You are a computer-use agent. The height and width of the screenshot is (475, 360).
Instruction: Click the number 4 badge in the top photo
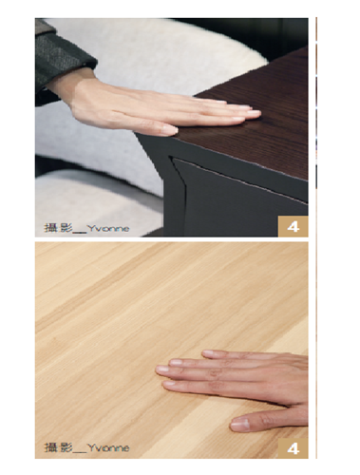coord(294,226)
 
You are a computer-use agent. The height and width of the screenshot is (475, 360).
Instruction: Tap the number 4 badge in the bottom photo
coord(294,448)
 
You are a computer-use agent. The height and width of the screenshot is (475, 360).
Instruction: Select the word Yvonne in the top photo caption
coord(108,228)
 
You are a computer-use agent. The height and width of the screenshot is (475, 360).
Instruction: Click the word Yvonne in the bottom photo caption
coord(108,448)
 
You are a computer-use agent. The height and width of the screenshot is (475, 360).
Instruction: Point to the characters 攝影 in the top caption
coord(59,228)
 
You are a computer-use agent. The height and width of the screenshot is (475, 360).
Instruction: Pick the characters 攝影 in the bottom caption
coord(59,447)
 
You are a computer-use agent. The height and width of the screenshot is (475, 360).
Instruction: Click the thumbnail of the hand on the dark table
coord(170,129)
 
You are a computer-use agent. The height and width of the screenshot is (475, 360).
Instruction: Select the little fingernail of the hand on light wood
coord(209,352)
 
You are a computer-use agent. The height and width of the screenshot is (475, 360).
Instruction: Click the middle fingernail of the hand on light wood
coord(162,369)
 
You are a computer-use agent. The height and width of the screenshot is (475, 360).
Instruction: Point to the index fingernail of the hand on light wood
coord(169,384)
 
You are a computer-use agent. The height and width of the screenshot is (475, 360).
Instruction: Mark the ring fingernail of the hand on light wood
coord(176,362)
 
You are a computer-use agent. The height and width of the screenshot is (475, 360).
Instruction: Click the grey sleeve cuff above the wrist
coord(65,60)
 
